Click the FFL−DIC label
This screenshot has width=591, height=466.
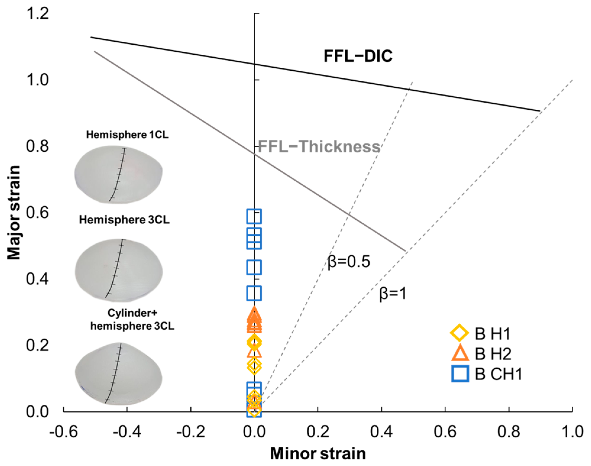[x=358, y=56]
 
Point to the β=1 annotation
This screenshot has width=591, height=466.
[x=393, y=294]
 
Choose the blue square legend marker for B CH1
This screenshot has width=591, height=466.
[x=460, y=374]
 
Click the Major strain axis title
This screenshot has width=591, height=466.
[x=14, y=212]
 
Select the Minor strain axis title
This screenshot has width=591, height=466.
[x=318, y=453]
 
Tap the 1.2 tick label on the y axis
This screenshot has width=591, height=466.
[x=37, y=14]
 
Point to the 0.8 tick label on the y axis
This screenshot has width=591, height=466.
[x=37, y=146]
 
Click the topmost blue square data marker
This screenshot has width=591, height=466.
[x=254, y=216]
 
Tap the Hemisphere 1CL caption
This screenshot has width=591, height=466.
[x=127, y=135]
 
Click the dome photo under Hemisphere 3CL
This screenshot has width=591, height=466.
[x=119, y=270]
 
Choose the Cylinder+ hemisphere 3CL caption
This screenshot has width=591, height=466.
[x=132, y=319]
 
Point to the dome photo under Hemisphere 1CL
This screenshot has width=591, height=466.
[x=118, y=174]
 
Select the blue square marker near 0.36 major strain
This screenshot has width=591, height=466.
[x=254, y=293]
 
